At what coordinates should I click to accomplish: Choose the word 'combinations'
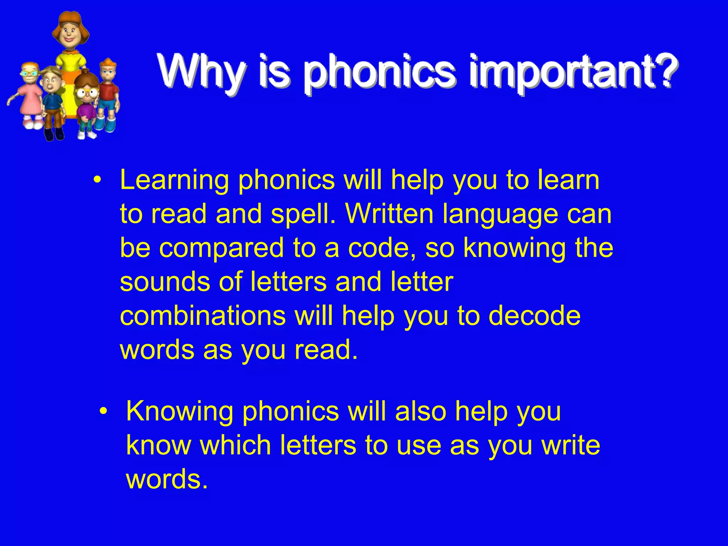pyautogui.click(x=203, y=316)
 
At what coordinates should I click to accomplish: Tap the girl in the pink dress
pyautogui.click(x=30, y=96)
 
